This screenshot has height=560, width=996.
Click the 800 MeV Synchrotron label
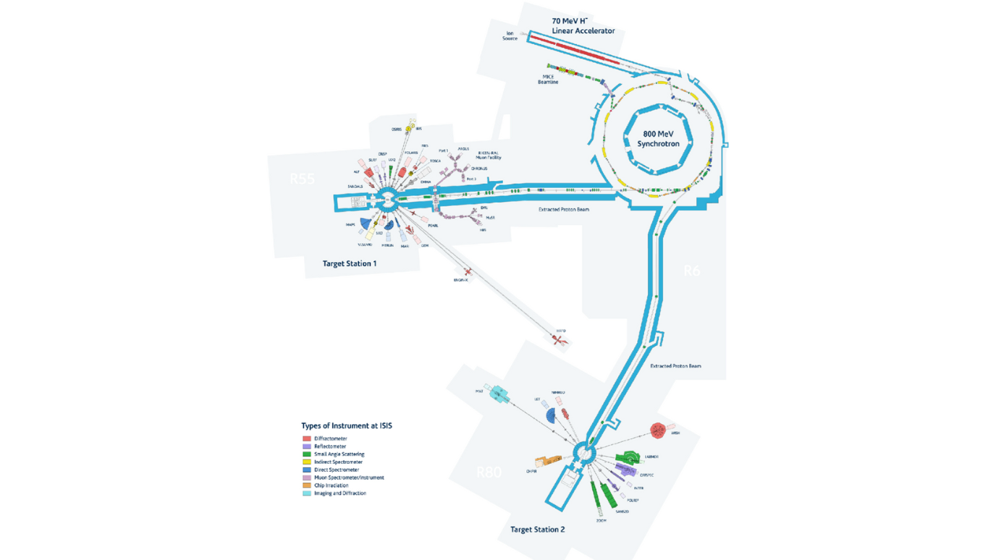click(658, 139)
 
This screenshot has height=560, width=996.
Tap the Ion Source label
click(510, 35)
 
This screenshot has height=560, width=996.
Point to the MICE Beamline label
click(548, 80)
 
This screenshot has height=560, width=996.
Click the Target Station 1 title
click(350, 264)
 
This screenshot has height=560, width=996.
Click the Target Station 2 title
click(537, 530)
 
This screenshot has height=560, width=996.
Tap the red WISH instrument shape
click(657, 430)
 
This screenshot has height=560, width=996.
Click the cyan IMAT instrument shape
click(499, 394)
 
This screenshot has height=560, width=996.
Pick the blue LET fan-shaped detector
click(551, 415)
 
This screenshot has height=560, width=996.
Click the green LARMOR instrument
click(627, 457)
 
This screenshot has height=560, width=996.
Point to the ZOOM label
click(601, 521)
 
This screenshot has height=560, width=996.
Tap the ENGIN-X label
click(461, 280)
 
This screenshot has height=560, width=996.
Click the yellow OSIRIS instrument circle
click(409, 130)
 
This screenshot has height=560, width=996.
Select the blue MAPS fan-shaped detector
click(366, 224)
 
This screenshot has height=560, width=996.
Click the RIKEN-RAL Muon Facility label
click(489, 156)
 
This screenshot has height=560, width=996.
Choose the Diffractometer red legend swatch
click(307, 438)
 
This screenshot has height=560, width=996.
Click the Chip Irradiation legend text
click(331, 485)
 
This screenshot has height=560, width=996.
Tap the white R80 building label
click(489, 473)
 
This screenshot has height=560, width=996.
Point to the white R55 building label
click(302, 179)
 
